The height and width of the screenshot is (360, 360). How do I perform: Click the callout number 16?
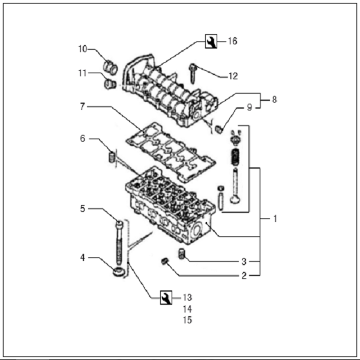pyautogui.click(x=232, y=41)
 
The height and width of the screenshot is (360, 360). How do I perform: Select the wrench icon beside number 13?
pyautogui.click(x=166, y=297)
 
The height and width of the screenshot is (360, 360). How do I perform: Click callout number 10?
pyautogui.click(x=82, y=49)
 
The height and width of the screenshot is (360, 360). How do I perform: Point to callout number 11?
pyautogui.click(x=82, y=73)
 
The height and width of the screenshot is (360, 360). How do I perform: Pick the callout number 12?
pyautogui.click(x=233, y=76)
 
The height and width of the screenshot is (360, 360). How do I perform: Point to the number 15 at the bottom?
pyautogui.click(x=187, y=320)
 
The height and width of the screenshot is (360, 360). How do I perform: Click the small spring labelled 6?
pyautogui.click(x=110, y=157)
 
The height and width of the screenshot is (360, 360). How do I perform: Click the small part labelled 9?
pyautogui.click(x=219, y=128)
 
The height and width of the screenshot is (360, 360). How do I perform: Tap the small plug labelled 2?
pyautogui.click(x=163, y=260)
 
